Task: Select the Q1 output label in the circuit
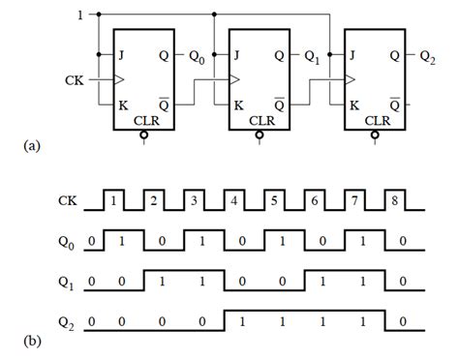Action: tap(311, 56)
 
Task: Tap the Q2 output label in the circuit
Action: tap(427, 56)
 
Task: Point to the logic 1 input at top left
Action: tap(78, 15)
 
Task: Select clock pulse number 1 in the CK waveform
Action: tap(114, 201)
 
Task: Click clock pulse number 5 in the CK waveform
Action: tap(274, 201)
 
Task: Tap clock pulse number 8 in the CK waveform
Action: tap(394, 201)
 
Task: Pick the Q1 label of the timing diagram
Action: tap(65, 283)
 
